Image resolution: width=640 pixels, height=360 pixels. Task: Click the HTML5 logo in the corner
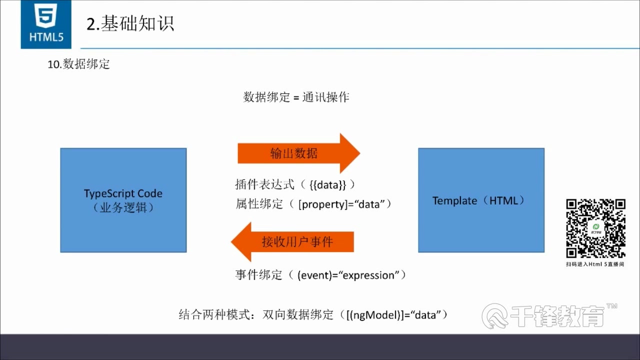click(46, 24)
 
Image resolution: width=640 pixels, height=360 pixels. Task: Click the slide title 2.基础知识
click(130, 24)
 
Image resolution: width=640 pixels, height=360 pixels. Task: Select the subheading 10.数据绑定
click(78, 64)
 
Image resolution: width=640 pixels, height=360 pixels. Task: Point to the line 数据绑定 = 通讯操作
click(296, 97)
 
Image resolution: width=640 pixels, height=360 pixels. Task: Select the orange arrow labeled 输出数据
click(298, 153)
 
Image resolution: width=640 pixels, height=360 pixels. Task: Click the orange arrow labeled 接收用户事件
click(292, 242)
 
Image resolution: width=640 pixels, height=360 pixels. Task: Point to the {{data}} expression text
click(327, 185)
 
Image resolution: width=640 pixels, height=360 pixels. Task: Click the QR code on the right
click(595, 228)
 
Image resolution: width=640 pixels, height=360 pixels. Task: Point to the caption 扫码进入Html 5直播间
click(595, 263)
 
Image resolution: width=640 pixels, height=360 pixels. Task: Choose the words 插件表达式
click(265, 185)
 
